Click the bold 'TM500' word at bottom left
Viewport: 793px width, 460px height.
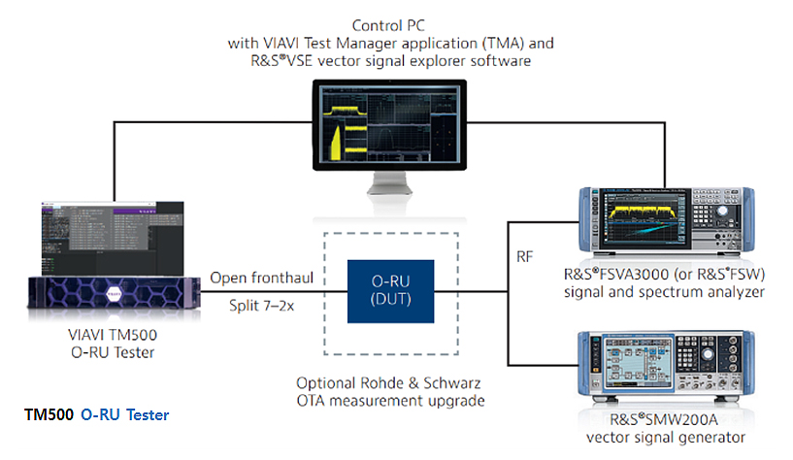pyautogui.click(x=48, y=415)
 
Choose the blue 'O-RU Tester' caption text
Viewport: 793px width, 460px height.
pyautogui.click(x=124, y=415)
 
